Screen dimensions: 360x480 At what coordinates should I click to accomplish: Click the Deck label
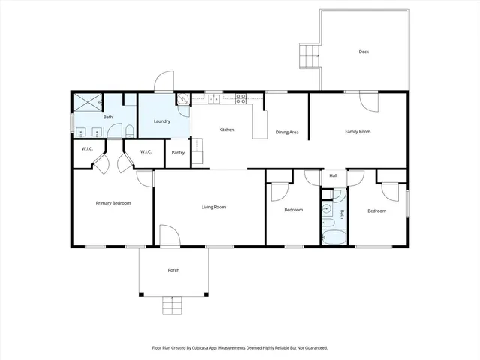pyautogui.click(x=364, y=52)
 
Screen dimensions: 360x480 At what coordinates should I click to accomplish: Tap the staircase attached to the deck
pyautogui.click(x=309, y=55)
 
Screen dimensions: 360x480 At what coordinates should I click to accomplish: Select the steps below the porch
pyautogui.click(x=173, y=305)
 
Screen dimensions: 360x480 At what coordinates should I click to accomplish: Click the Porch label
pyautogui.click(x=173, y=270)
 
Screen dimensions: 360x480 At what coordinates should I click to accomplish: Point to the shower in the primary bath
pyautogui.click(x=88, y=102)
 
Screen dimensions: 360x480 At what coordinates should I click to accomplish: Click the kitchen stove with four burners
pyautogui.click(x=242, y=97)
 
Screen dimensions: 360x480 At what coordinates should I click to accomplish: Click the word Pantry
pyautogui.click(x=178, y=153)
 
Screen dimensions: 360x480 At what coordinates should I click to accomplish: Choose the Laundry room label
pyautogui.click(x=161, y=121)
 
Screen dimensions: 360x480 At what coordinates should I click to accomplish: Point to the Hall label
pyautogui.click(x=333, y=176)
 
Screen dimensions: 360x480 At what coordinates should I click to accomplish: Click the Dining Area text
pyautogui.click(x=288, y=133)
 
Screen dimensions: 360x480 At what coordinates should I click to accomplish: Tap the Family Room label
pyautogui.click(x=358, y=132)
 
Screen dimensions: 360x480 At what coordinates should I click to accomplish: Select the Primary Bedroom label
pyautogui.click(x=113, y=203)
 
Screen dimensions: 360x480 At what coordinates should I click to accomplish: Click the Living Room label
pyautogui.click(x=214, y=207)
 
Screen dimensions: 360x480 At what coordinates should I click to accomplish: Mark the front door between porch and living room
pyautogui.click(x=169, y=244)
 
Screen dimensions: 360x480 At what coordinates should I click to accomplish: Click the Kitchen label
pyautogui.click(x=226, y=130)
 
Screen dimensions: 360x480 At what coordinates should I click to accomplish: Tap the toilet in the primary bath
pyautogui.click(x=129, y=132)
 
